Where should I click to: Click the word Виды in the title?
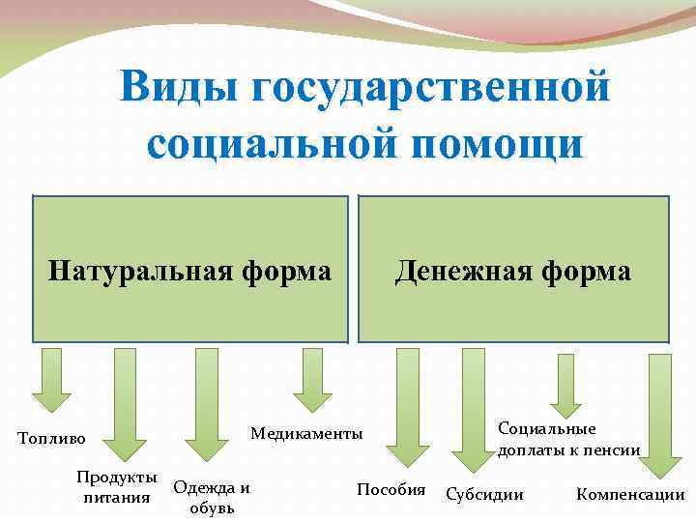click(178, 88)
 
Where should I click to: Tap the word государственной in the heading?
click(432, 88)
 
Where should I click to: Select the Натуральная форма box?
click(190, 270)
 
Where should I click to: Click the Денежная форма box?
click(513, 270)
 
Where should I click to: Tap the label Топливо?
click(51, 439)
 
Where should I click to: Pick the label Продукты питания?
click(118, 488)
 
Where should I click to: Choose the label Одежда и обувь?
click(212, 498)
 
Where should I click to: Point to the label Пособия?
click(391, 489)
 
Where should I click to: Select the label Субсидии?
click(484, 495)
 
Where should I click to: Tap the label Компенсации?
click(629, 495)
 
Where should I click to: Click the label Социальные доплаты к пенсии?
click(567, 439)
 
